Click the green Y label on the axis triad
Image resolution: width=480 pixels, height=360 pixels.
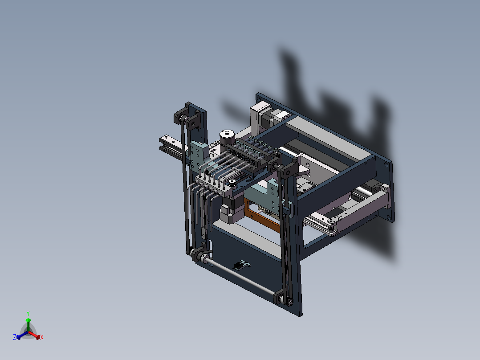point(28,313)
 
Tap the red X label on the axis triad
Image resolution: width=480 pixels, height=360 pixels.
point(41,338)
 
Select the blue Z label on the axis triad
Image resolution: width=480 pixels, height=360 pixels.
point(15,338)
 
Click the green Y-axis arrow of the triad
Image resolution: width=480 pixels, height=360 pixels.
point(28,323)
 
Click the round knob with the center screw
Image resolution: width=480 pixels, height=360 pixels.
point(228,134)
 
